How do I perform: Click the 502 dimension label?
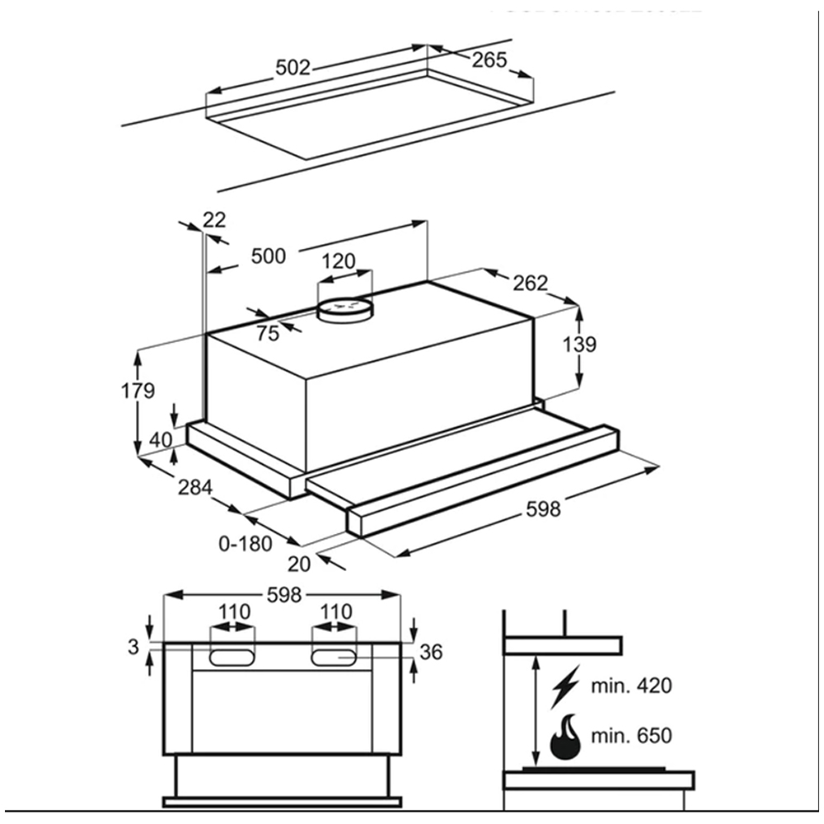coord(293,68)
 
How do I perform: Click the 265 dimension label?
coord(489,60)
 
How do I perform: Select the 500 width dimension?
coord(269,256)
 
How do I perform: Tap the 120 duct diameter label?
coord(338,262)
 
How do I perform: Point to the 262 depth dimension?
coord(530,283)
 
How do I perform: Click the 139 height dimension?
coord(579,344)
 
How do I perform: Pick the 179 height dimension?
coord(138,391)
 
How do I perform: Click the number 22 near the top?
coord(213,220)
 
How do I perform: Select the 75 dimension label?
coord(267,334)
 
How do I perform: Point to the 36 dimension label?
coord(431,653)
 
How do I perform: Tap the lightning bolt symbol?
coord(566,686)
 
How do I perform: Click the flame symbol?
coord(565,736)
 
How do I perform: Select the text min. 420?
coord(632,686)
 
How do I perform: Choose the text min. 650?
coord(632,736)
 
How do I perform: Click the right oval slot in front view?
coord(335,657)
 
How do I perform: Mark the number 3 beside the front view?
coord(133,647)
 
